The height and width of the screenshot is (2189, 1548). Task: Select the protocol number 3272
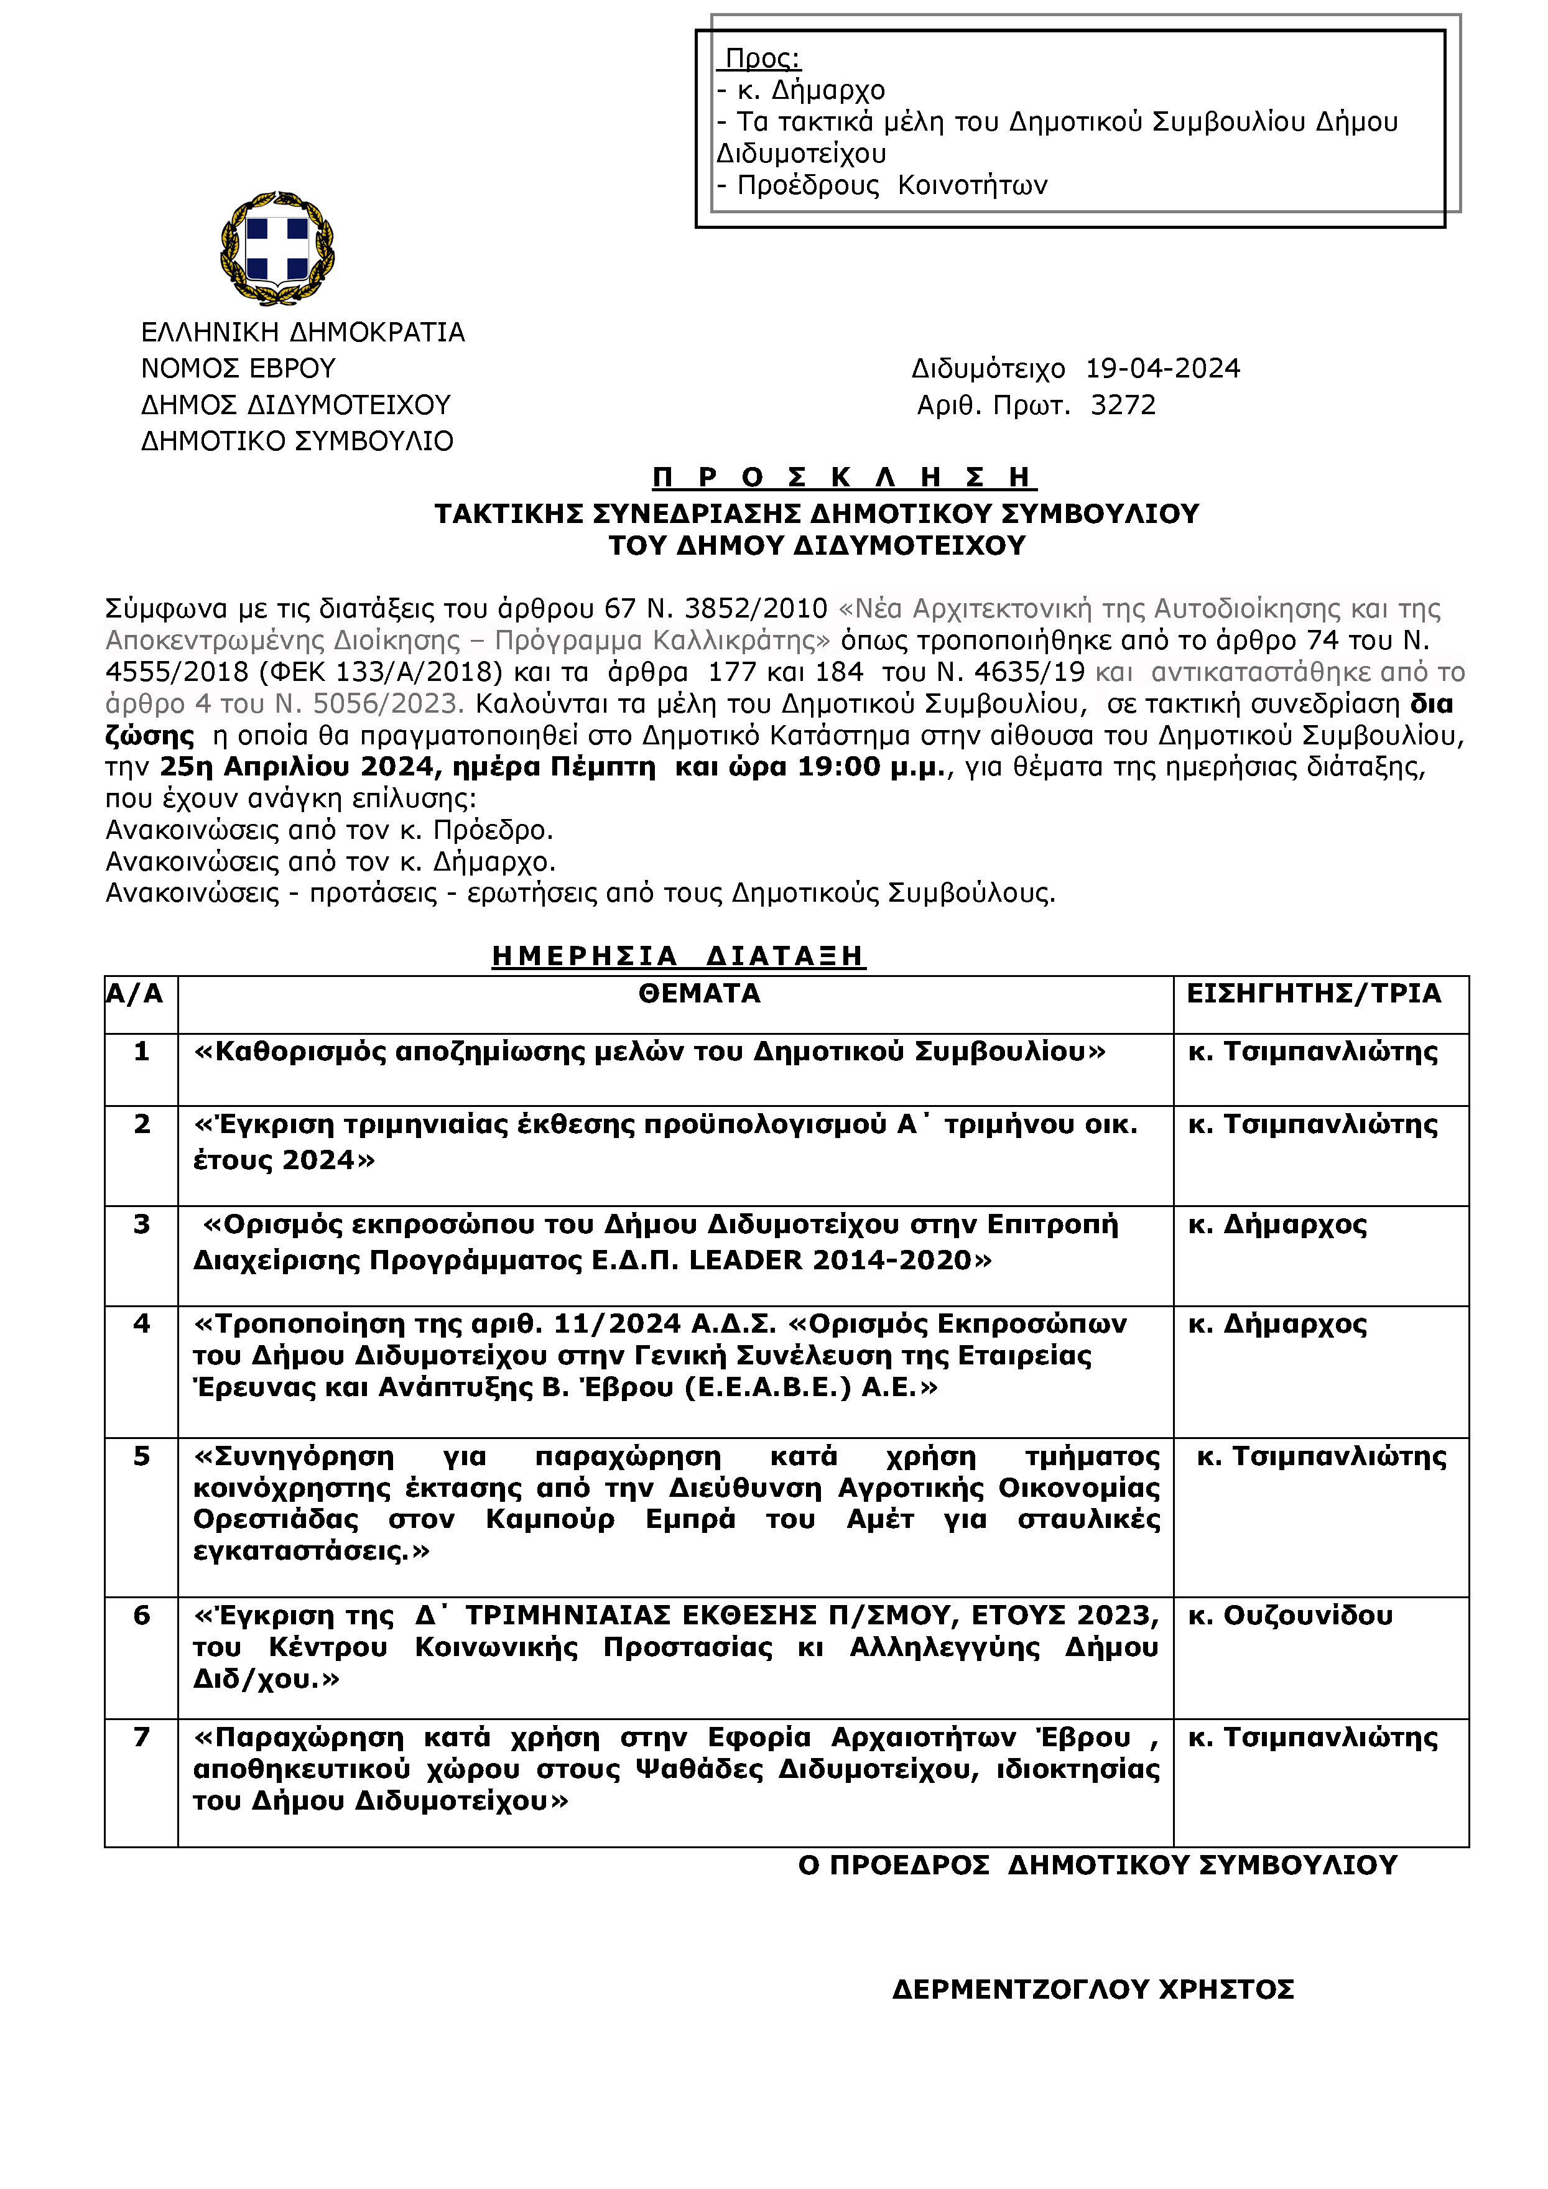tap(1122, 405)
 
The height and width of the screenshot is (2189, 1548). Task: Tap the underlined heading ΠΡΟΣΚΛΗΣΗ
tap(843, 477)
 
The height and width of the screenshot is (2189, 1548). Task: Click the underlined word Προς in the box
tap(762, 59)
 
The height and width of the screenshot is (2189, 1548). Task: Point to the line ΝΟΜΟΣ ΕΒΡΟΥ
tap(238, 368)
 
